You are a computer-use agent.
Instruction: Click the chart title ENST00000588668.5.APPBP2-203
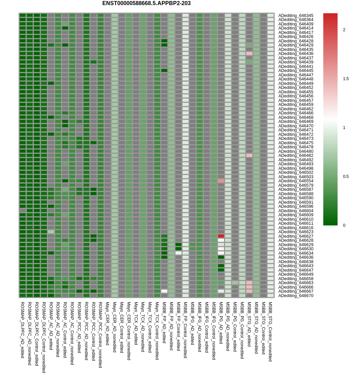click(146, 3)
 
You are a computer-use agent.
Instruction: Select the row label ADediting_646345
click(296, 16)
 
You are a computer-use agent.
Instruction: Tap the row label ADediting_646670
click(296, 296)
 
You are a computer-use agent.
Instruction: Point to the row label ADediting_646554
click(296, 181)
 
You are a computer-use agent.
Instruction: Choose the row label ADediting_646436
click(296, 54)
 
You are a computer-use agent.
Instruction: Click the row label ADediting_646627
click(296, 236)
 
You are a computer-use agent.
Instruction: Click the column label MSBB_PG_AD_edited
click(221, 323)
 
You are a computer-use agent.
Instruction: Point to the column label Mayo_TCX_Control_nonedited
click(157, 331)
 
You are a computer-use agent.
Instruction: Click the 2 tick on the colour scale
click(344, 30)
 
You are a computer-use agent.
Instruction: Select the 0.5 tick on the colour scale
click(345, 177)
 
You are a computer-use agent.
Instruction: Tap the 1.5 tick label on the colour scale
click(345, 79)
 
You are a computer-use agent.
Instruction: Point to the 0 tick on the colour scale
click(344, 225)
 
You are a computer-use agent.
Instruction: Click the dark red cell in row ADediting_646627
click(221, 236)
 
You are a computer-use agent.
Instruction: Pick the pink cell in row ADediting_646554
click(221, 181)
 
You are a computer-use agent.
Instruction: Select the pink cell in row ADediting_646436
click(249, 54)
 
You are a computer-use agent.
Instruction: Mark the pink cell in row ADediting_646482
click(249, 156)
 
